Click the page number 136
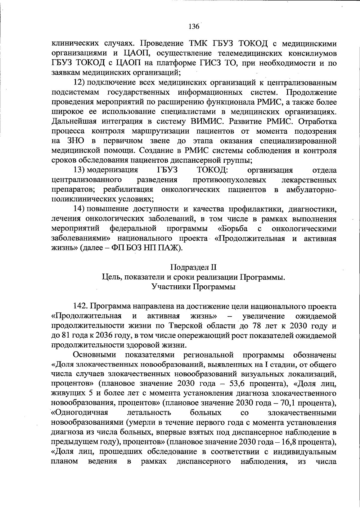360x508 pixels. point(193,27)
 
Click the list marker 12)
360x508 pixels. point(80,82)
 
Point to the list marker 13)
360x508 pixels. point(80,171)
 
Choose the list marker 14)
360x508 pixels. point(80,209)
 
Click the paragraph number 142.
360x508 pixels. point(80,307)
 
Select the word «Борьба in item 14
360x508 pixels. point(233,229)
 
